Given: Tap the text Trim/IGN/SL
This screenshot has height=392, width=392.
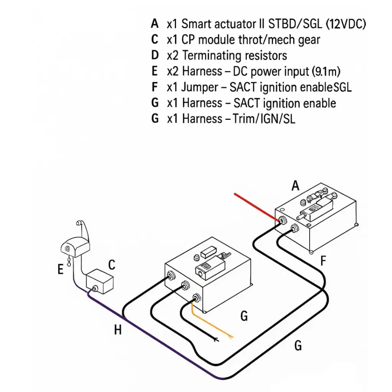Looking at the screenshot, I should [264, 119].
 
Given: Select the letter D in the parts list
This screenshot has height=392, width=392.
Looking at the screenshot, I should [155, 56].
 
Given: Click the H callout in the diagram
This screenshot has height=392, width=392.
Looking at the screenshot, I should [118, 329].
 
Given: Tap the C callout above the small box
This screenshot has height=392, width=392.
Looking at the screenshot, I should [111, 265].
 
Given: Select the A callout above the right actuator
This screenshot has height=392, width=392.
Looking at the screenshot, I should [295, 186].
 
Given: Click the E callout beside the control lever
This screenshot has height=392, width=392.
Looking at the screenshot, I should [60, 270].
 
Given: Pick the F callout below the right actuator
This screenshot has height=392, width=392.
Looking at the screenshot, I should [323, 261].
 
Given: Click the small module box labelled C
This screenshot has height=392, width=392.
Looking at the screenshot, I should [100, 283].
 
